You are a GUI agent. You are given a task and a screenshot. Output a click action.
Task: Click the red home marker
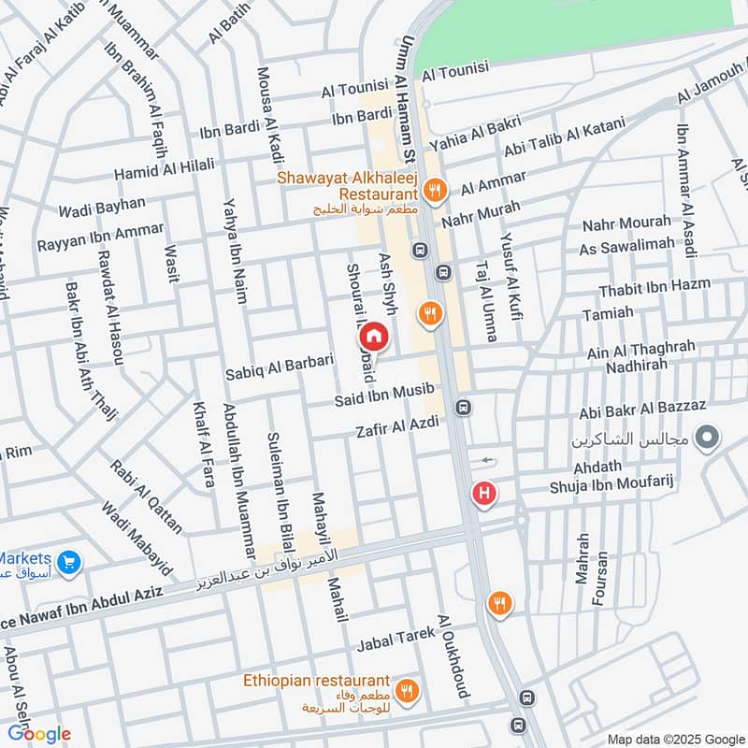pyautogui.click(x=373, y=336)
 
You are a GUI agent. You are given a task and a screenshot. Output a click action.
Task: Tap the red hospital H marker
pyautogui.click(x=483, y=493)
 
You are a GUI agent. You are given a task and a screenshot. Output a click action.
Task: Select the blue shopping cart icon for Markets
pyautogui.click(x=67, y=562)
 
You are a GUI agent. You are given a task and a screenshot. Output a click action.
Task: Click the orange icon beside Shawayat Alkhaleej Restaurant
pyautogui.click(x=434, y=192)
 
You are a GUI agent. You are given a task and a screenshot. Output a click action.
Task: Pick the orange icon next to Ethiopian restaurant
pyautogui.click(x=407, y=692)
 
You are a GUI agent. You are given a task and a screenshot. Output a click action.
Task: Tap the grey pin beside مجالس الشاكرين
pyautogui.click(x=708, y=437)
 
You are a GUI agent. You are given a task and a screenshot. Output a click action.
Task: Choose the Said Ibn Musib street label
pyautogui.click(x=384, y=396)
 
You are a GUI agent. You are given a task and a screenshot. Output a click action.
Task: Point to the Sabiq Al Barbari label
pyautogui.click(x=280, y=367)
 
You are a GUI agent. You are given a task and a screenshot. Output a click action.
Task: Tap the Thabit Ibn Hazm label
pyautogui.click(x=654, y=286)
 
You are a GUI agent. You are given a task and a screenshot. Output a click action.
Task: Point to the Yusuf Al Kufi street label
pyautogui.click(x=511, y=272)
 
